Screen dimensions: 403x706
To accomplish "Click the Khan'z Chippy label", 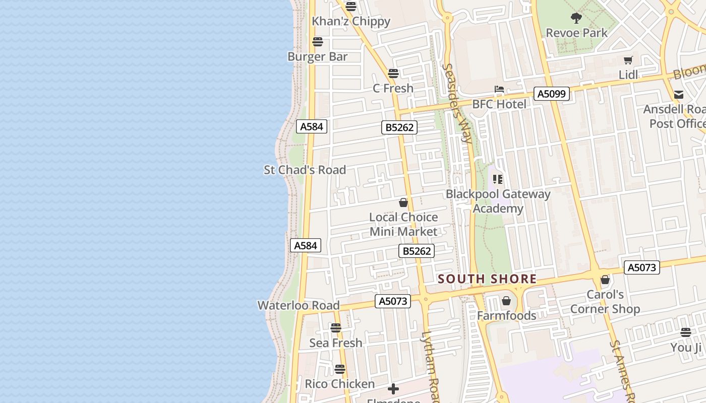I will pyautogui.click(x=351, y=21).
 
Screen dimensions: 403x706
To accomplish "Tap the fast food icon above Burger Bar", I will pyautogui.click(x=318, y=41).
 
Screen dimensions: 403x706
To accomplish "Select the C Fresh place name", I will pyautogui.click(x=393, y=88).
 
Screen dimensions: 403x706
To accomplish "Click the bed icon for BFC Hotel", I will pyautogui.click(x=499, y=90).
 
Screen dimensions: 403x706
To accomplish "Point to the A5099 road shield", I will pyautogui.click(x=552, y=94).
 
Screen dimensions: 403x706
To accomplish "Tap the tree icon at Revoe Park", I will pyautogui.click(x=576, y=19).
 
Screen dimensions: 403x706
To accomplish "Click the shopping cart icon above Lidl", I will pyautogui.click(x=628, y=60).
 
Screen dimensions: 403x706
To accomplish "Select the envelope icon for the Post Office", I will pyautogui.click(x=679, y=95).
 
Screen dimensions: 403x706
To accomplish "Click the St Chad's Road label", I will pyautogui.click(x=305, y=170).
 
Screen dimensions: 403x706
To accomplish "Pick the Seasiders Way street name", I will pyautogui.click(x=457, y=103).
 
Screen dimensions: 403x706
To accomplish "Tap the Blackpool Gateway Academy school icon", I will pyautogui.click(x=498, y=179).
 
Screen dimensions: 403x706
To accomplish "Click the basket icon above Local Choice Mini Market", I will pyautogui.click(x=403, y=203).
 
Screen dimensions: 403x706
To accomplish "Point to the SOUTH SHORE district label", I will pyautogui.click(x=487, y=279).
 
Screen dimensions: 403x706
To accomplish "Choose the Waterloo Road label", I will pyautogui.click(x=299, y=305).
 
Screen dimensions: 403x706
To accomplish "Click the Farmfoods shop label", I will pyautogui.click(x=507, y=316).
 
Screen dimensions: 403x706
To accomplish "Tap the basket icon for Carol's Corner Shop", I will pyautogui.click(x=605, y=280).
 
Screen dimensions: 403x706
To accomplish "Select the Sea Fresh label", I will pyautogui.click(x=336, y=343).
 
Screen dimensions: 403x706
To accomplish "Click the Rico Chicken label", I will pyautogui.click(x=340, y=384).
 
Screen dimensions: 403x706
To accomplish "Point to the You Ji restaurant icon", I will pyautogui.click(x=685, y=332).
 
